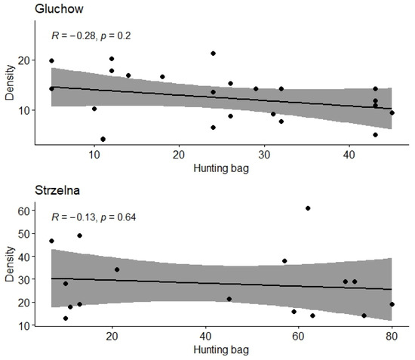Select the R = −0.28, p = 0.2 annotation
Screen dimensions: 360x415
click(x=91, y=35)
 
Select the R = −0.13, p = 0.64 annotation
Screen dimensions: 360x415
click(x=94, y=218)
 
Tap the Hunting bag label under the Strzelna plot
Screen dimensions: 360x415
click(x=220, y=352)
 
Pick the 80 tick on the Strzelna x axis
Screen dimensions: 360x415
click(x=392, y=339)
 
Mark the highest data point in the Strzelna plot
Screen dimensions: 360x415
click(x=308, y=208)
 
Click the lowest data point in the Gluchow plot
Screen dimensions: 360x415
click(x=103, y=139)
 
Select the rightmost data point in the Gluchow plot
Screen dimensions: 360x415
click(x=392, y=112)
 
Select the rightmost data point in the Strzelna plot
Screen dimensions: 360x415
click(x=392, y=304)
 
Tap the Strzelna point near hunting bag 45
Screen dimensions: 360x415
click(x=229, y=299)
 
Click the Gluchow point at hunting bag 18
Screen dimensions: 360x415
click(x=162, y=77)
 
